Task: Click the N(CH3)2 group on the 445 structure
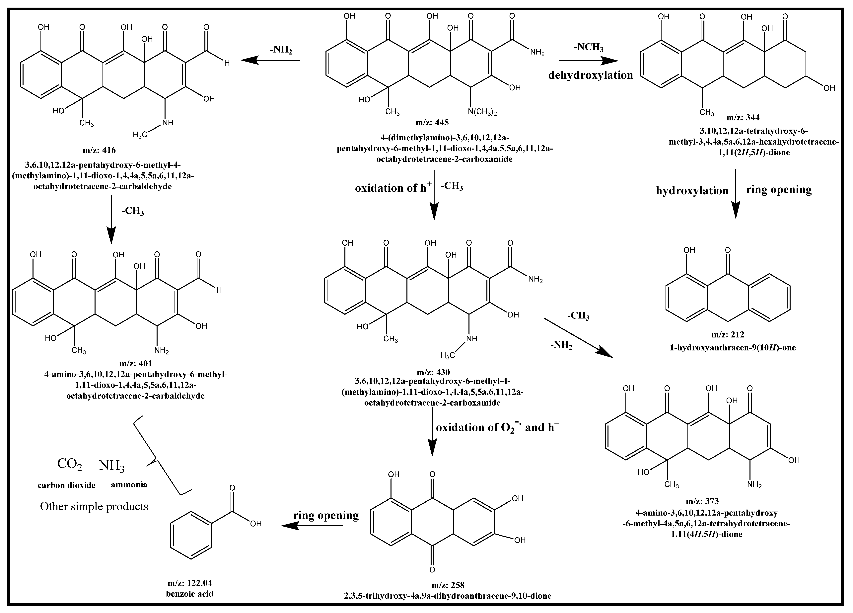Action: click(482, 112)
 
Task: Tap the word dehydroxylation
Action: click(590, 75)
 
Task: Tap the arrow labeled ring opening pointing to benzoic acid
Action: click(312, 526)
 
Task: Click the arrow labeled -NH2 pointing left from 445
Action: click(271, 60)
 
